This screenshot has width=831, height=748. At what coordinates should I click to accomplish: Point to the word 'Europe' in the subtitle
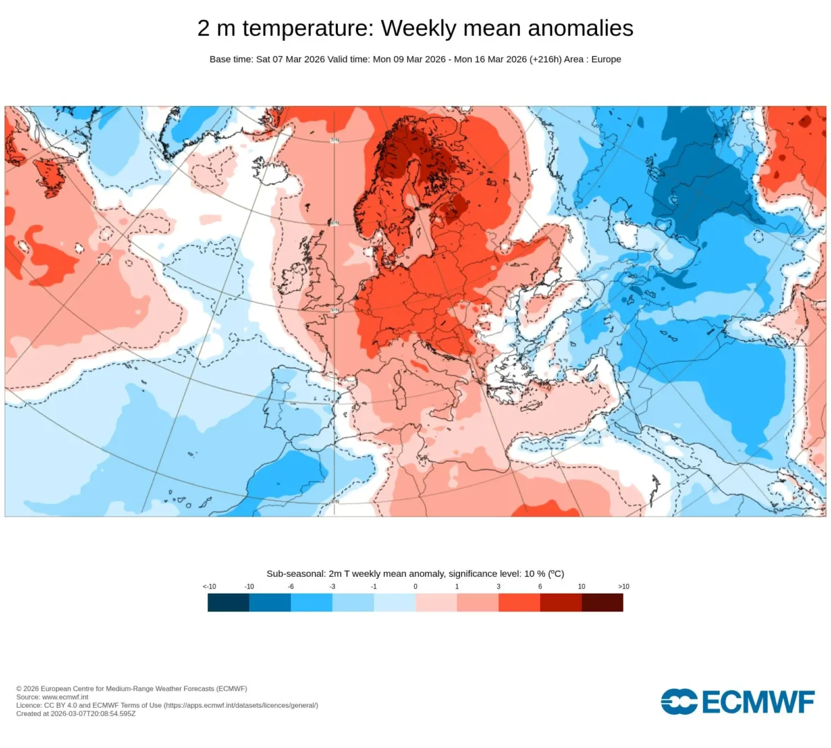point(606,60)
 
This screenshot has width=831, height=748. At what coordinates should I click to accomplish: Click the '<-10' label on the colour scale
point(209,587)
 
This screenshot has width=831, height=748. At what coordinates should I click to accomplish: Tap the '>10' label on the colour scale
point(623,587)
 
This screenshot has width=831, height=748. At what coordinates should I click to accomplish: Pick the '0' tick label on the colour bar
point(415,587)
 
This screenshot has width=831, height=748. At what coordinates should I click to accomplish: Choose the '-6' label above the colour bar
point(291,587)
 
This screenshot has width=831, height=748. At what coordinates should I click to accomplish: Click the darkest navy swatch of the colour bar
point(229,603)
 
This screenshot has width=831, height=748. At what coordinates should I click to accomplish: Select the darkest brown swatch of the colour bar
point(602,603)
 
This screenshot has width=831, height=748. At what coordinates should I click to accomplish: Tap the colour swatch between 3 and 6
point(519,603)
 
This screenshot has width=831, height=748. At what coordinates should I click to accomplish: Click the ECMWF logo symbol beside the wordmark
point(679,702)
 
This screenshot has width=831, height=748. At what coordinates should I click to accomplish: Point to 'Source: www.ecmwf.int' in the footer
point(52,697)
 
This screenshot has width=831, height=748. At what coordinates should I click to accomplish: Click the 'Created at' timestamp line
point(76,713)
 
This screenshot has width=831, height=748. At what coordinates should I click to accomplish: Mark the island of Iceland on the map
point(270,170)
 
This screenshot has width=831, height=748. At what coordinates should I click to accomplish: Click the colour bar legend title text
point(415,573)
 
